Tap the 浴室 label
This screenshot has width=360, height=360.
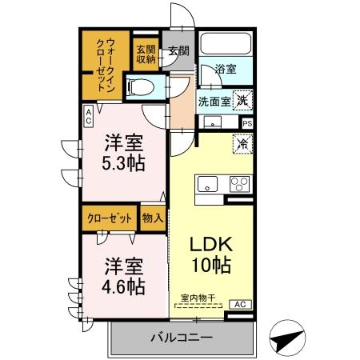(x=225, y=70)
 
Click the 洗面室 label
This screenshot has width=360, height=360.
(x=214, y=102)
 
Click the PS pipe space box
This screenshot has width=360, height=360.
(x=247, y=124)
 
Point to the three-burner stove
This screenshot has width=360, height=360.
(x=238, y=183)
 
